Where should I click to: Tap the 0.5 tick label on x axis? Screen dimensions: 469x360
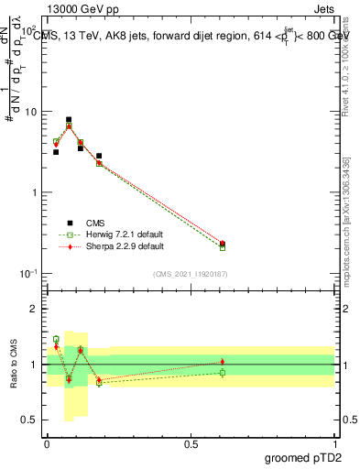(191, 443)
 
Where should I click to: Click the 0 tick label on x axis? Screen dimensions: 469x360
(47, 443)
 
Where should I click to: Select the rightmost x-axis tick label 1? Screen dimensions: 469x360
(335, 443)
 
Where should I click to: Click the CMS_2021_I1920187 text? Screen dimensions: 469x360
(190, 274)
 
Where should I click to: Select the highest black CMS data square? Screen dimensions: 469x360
(69, 119)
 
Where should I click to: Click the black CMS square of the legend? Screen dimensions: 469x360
(69, 223)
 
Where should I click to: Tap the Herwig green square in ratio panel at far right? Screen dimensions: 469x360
(223, 372)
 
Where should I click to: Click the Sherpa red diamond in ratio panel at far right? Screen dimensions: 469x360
(223, 362)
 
